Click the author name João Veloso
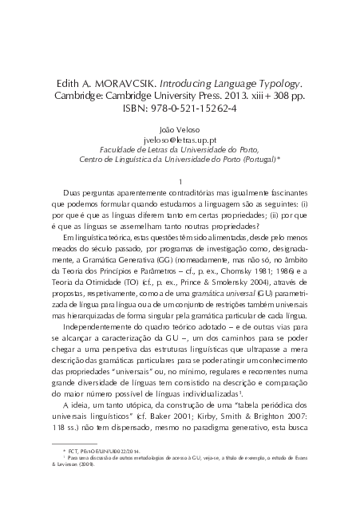coord(180,127)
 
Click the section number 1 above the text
coord(182,180)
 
